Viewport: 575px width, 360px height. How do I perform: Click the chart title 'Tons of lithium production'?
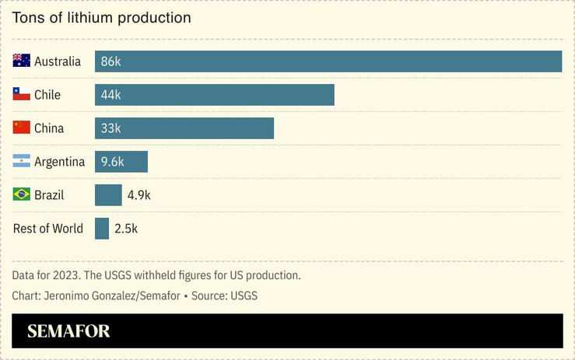(102, 17)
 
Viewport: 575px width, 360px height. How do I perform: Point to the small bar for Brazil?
(108, 195)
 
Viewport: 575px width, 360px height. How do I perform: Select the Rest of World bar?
(102, 229)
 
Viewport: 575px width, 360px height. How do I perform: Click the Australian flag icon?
(22, 61)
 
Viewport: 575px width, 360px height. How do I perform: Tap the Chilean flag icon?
(22, 94)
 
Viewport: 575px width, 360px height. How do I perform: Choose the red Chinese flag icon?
(22, 128)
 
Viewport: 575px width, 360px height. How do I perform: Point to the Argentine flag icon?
(22, 161)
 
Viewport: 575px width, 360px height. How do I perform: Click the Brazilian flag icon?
(22, 194)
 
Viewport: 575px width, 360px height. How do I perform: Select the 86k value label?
(110, 61)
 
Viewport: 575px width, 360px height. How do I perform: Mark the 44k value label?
(110, 95)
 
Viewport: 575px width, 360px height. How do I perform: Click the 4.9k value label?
(138, 195)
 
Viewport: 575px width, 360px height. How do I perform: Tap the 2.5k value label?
(125, 229)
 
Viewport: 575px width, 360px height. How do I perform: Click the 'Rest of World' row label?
(48, 229)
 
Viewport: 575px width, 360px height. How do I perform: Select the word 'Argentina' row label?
(59, 162)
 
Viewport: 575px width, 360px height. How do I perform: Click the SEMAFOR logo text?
(68, 331)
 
